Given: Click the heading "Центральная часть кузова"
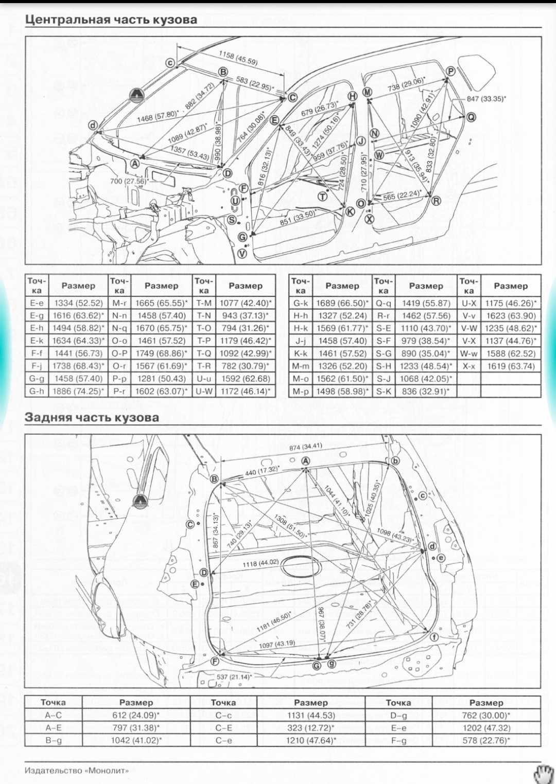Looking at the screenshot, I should click(111, 20).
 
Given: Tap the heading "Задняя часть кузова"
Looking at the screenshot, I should click(92, 417).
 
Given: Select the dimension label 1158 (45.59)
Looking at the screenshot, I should click(238, 58).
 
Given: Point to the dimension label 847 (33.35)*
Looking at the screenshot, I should click(486, 99).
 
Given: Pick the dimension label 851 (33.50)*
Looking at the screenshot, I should click(298, 218).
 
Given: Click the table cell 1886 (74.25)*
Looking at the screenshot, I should click(78, 391).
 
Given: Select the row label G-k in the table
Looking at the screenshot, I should click(301, 304).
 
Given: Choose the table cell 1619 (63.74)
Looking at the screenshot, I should click(510, 366).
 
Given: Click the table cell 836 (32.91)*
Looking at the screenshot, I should click(426, 391).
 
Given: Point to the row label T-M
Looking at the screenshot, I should click(204, 304).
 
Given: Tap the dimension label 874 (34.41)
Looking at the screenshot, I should click(305, 447).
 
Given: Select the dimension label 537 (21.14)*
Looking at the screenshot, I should click(234, 676).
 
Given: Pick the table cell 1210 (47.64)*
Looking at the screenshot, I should click(311, 740).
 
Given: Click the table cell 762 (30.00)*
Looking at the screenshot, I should click(486, 715).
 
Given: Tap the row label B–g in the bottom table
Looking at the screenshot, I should click(53, 740).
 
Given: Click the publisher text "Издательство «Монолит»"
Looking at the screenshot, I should click(77, 770).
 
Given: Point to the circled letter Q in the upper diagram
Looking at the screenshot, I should click(471, 117).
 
